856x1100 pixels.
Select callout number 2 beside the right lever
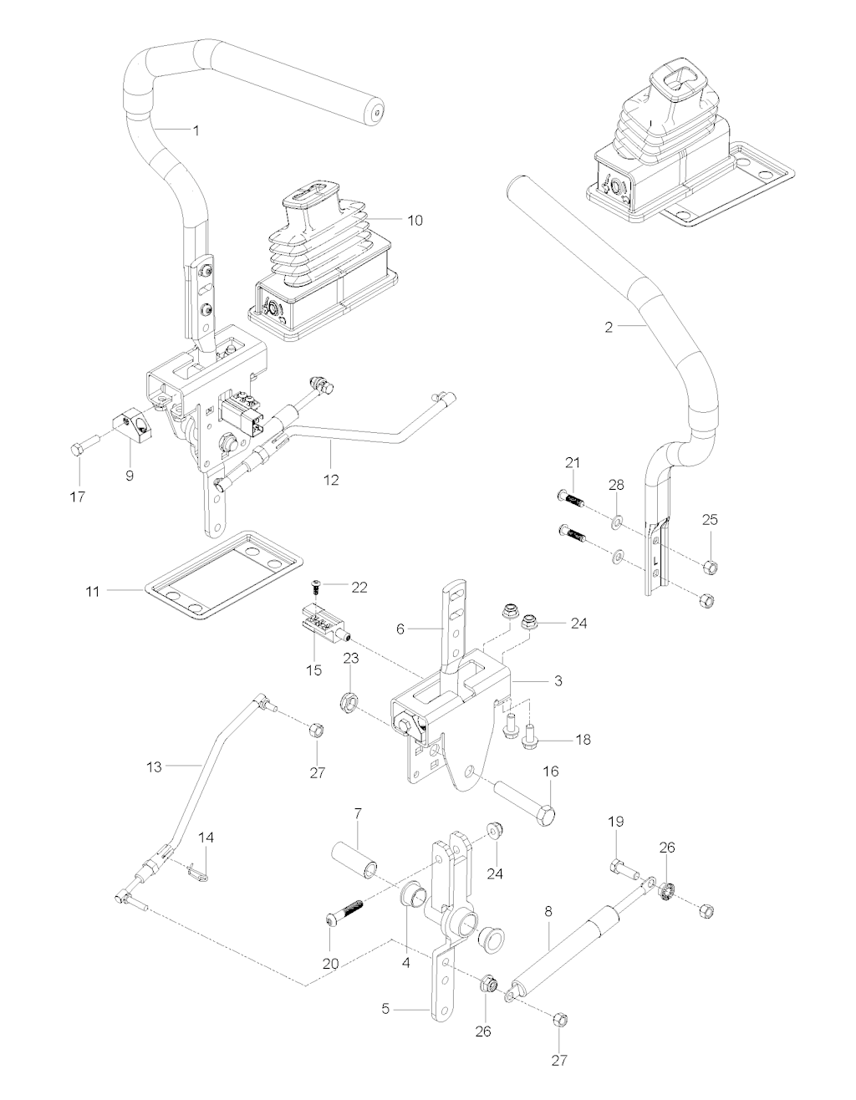click(x=609, y=327)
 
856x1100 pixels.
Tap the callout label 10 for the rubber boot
click(x=415, y=221)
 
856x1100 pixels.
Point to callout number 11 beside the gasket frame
click(x=92, y=591)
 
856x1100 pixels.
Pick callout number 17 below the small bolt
click(x=79, y=497)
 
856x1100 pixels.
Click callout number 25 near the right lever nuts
click(x=710, y=519)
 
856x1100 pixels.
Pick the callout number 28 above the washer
click(x=616, y=486)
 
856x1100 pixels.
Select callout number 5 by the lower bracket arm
click(x=386, y=1009)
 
